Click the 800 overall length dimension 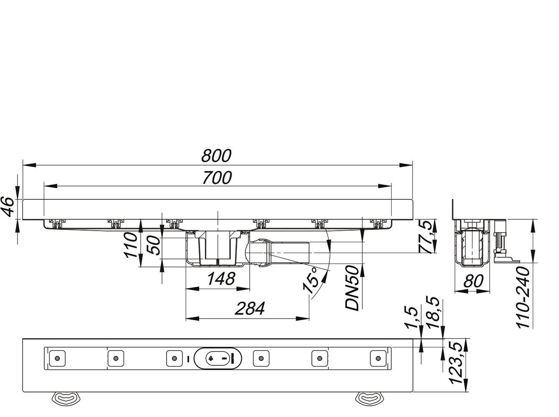(x=216, y=156)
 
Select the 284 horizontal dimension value (x=249, y=309)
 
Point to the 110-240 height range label (x=524, y=297)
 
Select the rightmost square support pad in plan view (x=378, y=358)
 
